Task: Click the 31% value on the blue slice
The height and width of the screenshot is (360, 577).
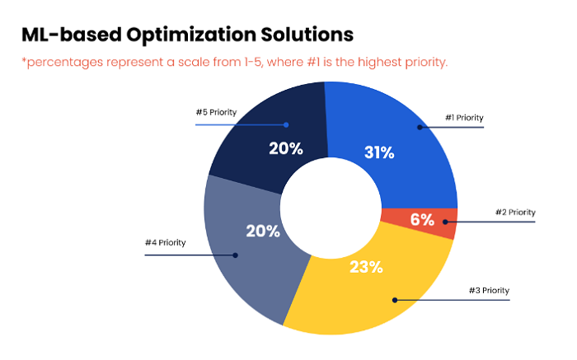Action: pyautogui.click(x=379, y=152)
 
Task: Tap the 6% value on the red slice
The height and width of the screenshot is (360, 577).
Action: pyautogui.click(x=423, y=220)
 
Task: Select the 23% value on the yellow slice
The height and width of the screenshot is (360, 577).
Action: pyautogui.click(x=365, y=266)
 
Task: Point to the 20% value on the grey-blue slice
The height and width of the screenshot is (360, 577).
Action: pyautogui.click(x=263, y=231)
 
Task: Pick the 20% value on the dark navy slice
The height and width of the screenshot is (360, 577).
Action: pyautogui.click(x=286, y=149)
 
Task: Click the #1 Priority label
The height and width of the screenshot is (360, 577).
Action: pyautogui.click(x=462, y=118)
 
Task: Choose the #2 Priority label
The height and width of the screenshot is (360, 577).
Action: pyautogui.click(x=515, y=212)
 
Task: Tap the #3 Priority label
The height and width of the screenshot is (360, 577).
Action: pyautogui.click(x=490, y=290)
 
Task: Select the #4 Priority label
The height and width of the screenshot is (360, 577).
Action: pyautogui.click(x=166, y=243)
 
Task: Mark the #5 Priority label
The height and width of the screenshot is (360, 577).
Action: pyautogui.click(x=217, y=112)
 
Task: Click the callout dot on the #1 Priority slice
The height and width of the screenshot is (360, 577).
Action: pyautogui.click(x=420, y=127)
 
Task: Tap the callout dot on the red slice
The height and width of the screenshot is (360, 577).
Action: pyautogui.click(x=445, y=222)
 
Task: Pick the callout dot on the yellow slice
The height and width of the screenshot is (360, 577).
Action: pyautogui.click(x=393, y=299)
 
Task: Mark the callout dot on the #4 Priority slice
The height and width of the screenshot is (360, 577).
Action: pyautogui.click(x=235, y=255)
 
